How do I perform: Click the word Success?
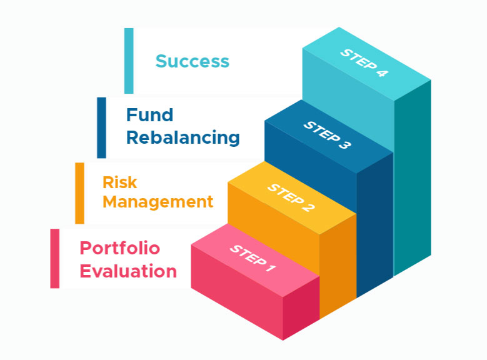click(x=193, y=61)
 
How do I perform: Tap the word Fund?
click(x=149, y=115)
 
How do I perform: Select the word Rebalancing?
click(x=183, y=138)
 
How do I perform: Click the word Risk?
click(x=119, y=182)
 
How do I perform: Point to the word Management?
click(x=158, y=202)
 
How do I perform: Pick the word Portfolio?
click(x=120, y=248)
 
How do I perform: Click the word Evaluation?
click(x=128, y=271)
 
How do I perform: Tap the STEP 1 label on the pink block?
click(x=253, y=258)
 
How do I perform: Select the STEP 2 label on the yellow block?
click(x=291, y=198)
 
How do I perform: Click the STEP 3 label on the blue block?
click(x=327, y=135)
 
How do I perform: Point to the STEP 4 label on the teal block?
click(x=364, y=62)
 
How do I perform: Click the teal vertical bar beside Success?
click(x=129, y=61)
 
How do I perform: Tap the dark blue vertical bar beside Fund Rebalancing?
click(x=101, y=127)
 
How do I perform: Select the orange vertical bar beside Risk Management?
click(x=80, y=193)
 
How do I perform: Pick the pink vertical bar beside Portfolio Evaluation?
click(x=54, y=258)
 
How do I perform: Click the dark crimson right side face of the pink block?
click(x=301, y=308)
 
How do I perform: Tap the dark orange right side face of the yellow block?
click(x=338, y=266)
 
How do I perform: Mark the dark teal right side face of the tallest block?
click(x=413, y=177)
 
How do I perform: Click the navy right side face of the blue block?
click(x=375, y=224)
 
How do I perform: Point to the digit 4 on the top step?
click(x=383, y=73)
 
